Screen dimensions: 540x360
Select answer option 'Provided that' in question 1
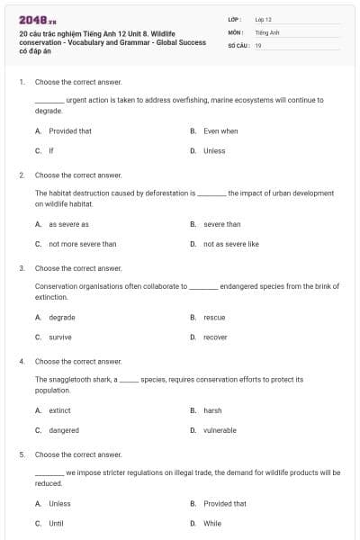pyautogui.click(x=69, y=130)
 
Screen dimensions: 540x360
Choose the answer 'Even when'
pyautogui.click(x=220, y=130)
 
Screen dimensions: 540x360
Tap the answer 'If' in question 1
pyautogui.click(x=51, y=150)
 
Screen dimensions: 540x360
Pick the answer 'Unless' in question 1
pyautogui.click(x=214, y=150)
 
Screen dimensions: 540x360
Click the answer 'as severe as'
pyautogui.click(x=68, y=224)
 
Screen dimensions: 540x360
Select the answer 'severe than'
pyautogui.click(x=221, y=224)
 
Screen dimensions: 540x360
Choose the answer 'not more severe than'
pyautogui.click(x=82, y=243)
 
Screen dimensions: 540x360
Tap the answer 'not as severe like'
pyautogui.click(x=230, y=243)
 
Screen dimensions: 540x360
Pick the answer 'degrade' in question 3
pyautogui.click(x=62, y=317)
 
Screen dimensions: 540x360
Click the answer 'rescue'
pyautogui.click(x=214, y=317)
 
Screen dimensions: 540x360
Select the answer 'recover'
pyautogui.click(x=215, y=337)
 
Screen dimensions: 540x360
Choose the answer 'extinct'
pyautogui.click(x=59, y=410)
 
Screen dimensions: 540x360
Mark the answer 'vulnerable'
pyautogui.click(x=220, y=430)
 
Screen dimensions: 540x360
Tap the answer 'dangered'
pyautogui.click(x=64, y=430)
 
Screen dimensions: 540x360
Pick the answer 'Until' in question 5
pyautogui.click(x=56, y=523)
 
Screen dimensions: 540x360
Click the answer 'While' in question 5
pyautogui.click(x=212, y=523)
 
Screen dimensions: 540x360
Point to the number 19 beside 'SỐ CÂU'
pyautogui.click(x=258, y=44)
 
